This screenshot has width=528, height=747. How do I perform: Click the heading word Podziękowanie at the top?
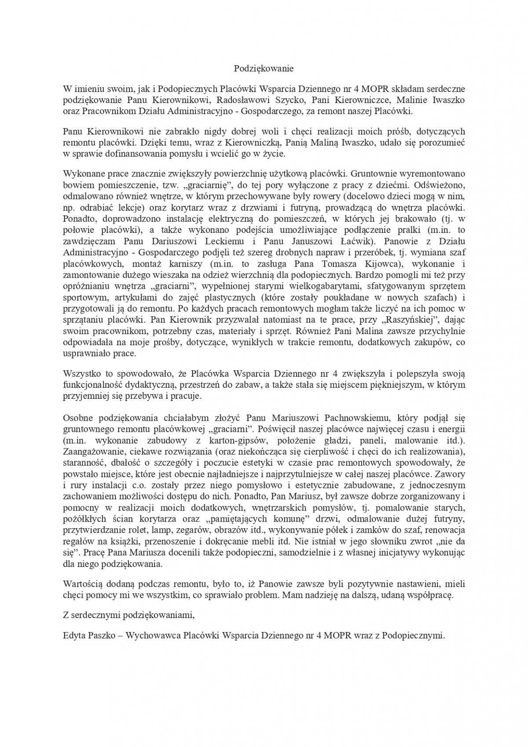[x=263, y=69]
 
